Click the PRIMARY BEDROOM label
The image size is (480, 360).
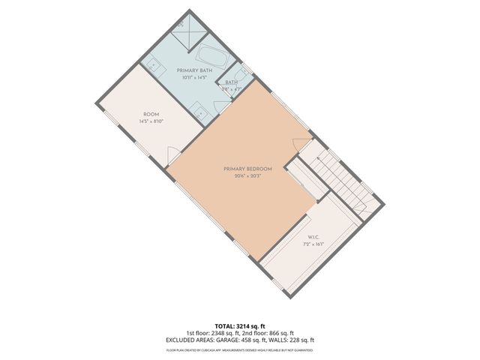247,169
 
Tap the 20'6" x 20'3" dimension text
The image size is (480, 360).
247,177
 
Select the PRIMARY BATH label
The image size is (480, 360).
194,70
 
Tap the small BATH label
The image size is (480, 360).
231,82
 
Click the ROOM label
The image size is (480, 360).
151,114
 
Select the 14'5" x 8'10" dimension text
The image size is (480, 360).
151,121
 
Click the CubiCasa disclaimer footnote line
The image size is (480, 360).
240,349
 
